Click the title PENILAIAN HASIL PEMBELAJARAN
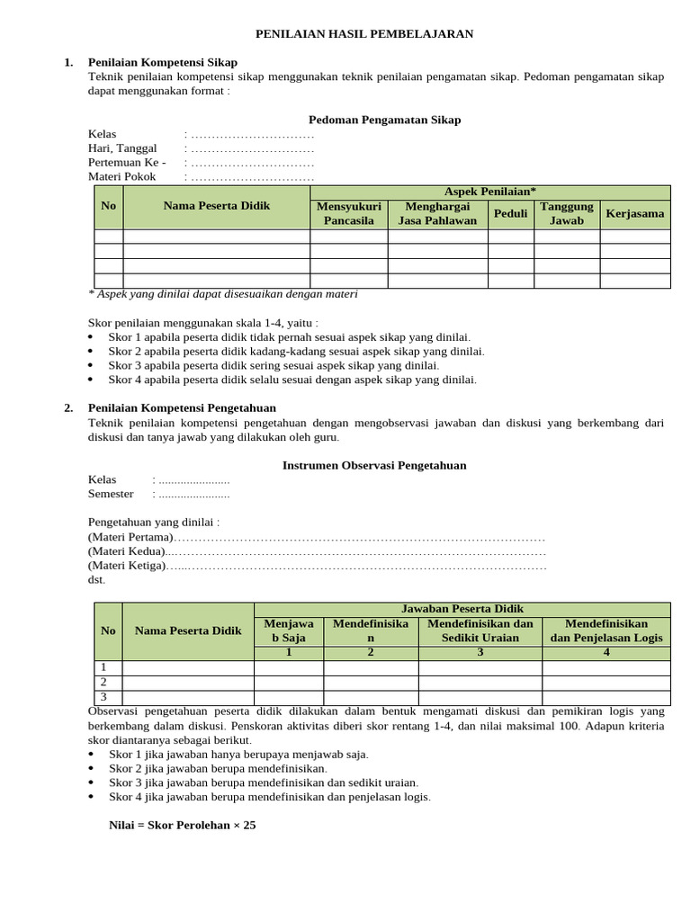[364, 34]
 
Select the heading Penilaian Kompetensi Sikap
[162, 62]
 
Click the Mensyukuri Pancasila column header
[348, 213]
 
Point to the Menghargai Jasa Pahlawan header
[437, 213]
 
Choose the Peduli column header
[510, 213]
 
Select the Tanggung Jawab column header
[567, 213]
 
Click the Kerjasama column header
[635, 213]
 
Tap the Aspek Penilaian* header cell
[490, 192]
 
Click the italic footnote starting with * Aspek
[222, 294]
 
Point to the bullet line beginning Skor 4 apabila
[292, 380]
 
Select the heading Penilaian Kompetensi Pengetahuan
[182, 407]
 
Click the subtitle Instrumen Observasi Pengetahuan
[374, 465]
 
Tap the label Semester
[111, 494]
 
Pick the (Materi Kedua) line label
[126, 550]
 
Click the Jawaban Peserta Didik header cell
[462, 609]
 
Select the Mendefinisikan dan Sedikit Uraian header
[480, 630]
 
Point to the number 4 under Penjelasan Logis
[606, 652]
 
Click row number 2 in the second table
[103, 682]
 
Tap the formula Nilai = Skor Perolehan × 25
[183, 825]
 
